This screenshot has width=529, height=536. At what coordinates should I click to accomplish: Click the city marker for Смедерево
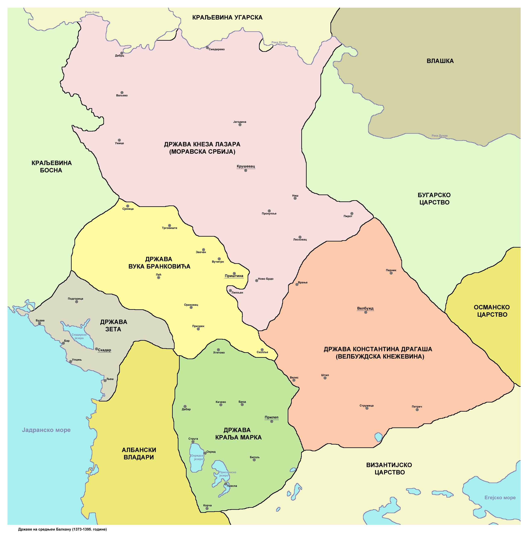point(207,48)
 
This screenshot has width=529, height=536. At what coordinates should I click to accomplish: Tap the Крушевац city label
point(246,166)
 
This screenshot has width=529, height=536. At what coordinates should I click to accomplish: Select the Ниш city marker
point(295,198)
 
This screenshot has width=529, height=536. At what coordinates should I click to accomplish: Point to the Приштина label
point(234,276)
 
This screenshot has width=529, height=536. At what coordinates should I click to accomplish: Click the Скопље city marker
point(262,350)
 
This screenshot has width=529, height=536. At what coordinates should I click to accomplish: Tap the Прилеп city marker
point(272,421)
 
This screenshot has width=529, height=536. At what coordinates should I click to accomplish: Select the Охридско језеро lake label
point(198,457)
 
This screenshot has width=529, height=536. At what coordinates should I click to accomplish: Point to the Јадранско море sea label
point(46,430)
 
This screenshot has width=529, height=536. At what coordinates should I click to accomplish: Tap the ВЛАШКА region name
point(440,61)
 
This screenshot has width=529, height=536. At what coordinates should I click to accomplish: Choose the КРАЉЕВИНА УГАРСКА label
point(227,17)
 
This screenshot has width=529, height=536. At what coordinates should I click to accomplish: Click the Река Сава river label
point(92,12)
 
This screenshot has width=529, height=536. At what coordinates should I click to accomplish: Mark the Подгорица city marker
point(77,302)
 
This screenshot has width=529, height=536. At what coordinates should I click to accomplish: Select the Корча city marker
point(207,509)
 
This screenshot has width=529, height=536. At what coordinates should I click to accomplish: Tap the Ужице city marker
point(119,140)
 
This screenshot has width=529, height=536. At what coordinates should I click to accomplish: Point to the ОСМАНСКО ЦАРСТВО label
point(492,311)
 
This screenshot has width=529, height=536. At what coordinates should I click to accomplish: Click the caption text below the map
point(62,529)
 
